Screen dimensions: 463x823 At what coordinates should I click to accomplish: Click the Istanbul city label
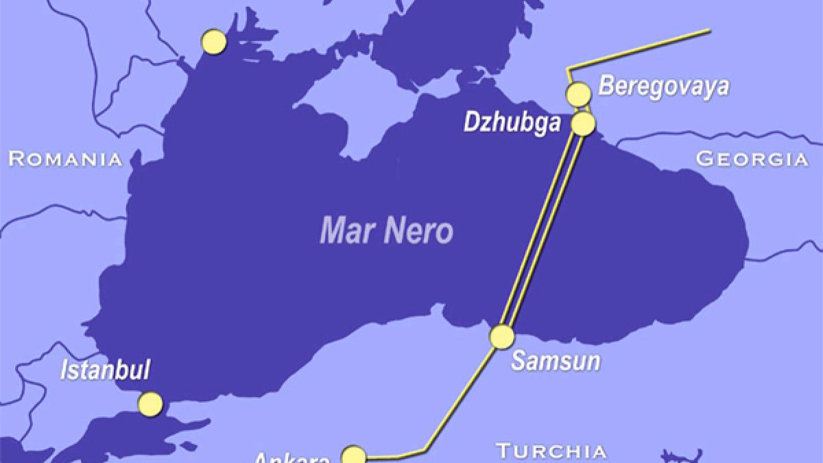click(x=105, y=370)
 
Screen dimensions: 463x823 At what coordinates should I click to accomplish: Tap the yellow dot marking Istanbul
click(x=150, y=403)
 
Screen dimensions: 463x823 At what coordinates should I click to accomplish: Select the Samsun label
click(x=556, y=361)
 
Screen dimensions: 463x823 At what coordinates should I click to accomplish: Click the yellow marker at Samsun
click(x=502, y=337)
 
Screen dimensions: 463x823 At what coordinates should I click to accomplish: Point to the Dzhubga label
click(x=508, y=123)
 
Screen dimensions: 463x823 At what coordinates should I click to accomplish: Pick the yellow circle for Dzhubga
click(x=584, y=123)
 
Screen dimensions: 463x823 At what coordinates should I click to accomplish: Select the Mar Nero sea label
click(x=386, y=231)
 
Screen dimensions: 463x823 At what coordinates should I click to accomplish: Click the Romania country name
click(x=65, y=160)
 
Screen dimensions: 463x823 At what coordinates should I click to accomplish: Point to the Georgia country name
click(x=752, y=159)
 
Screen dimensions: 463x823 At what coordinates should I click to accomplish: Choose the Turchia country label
click(x=551, y=451)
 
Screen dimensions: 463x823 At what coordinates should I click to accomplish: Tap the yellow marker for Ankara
click(x=353, y=456)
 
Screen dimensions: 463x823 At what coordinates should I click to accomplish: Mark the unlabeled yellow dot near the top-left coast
click(x=214, y=41)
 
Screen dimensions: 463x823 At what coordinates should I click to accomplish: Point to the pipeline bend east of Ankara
click(x=426, y=450)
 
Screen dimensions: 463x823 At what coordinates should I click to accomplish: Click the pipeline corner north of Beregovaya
click(x=568, y=69)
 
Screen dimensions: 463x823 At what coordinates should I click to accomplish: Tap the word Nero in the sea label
click(x=419, y=231)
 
